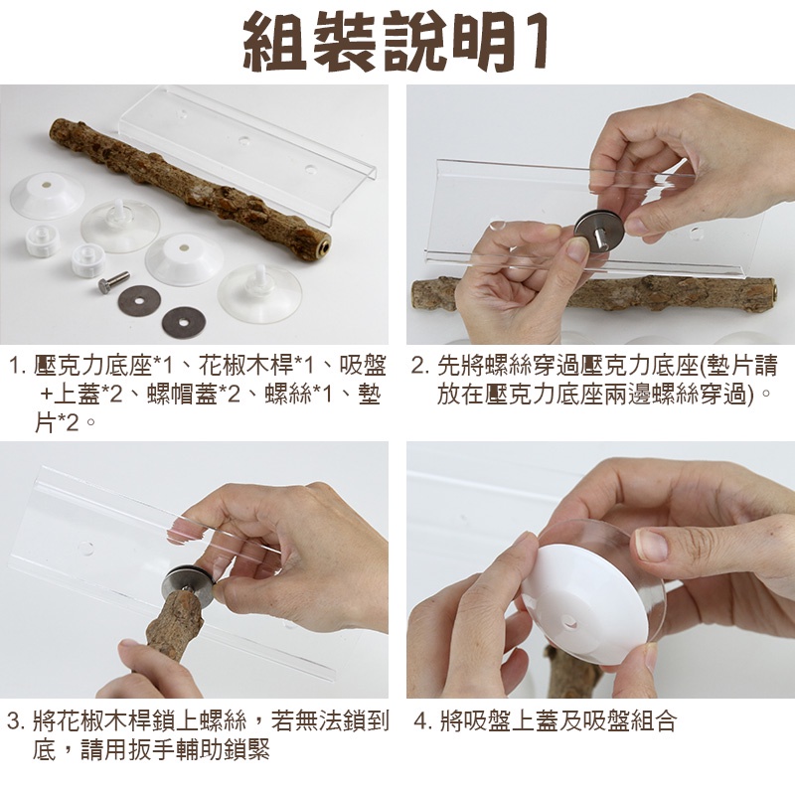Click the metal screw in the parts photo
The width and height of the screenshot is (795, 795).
click(113, 281)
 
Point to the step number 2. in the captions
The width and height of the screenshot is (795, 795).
click(420, 366)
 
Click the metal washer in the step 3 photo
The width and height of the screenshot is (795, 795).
click(188, 583)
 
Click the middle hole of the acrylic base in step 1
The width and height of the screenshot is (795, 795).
click(244, 140)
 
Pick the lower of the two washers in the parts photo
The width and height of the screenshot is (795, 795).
click(184, 321)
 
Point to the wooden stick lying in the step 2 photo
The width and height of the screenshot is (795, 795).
click(593, 294)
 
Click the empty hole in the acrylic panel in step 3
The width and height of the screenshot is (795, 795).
click(85, 549)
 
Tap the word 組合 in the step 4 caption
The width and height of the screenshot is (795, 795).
click(653, 721)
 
